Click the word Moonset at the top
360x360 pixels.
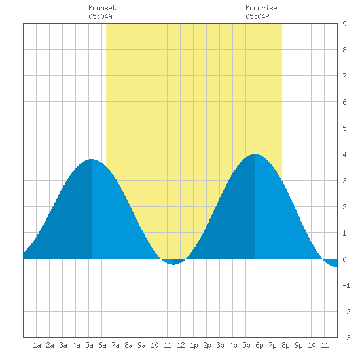pos(102,8)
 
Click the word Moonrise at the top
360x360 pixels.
pos(261,8)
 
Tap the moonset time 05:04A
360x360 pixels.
pos(100,16)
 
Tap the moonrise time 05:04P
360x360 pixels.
pos(257,16)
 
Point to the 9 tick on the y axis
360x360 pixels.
pos(344,24)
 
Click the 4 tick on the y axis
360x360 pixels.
pos(344,154)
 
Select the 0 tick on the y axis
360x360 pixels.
pos(344,259)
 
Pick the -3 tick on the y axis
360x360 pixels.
pos(346,338)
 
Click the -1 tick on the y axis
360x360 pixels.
pos(346,285)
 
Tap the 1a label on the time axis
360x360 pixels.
pos(37,345)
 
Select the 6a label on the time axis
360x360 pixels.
pos(102,345)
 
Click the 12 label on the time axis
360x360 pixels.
pos(181,345)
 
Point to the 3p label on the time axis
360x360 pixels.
pos(220,345)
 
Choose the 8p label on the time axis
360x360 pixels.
pos(285,345)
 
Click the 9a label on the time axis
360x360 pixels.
pos(141,345)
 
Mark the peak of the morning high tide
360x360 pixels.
pos(92,159)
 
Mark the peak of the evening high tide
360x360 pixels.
pos(255,154)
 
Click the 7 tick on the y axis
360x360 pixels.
pos(344,76)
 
